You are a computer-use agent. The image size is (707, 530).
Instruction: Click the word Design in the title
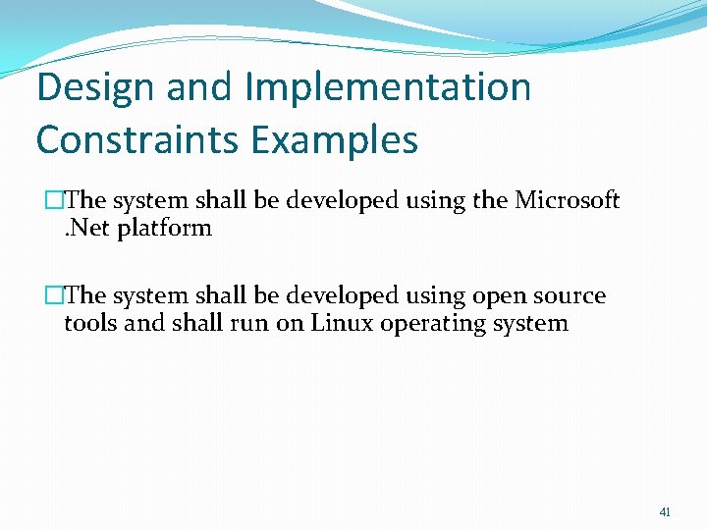coord(95,87)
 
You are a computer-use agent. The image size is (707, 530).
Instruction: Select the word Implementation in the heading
coord(388,87)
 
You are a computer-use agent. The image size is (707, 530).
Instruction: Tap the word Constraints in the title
coord(136,139)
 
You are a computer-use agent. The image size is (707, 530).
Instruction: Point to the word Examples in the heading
coord(334,139)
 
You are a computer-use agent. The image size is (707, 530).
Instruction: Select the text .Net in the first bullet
coord(83,228)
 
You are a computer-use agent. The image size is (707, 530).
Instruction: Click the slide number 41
coord(665,511)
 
